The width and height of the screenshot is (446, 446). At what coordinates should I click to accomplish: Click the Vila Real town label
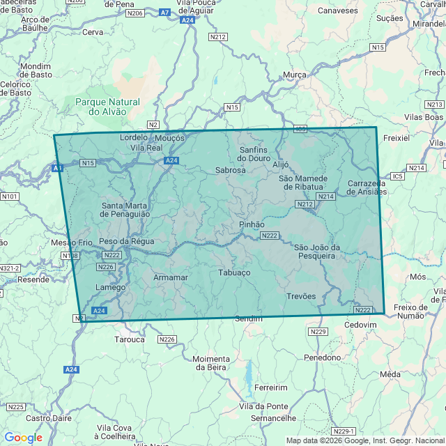pyautogui.click(x=146, y=148)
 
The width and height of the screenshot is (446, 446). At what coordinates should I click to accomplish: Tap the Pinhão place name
pyautogui.click(x=252, y=224)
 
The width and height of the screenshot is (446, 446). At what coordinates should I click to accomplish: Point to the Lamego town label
pyautogui.click(x=111, y=287)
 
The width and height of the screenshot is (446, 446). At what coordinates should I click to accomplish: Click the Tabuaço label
pyautogui.click(x=234, y=272)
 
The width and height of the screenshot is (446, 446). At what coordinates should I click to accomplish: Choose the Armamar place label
pyautogui.click(x=170, y=277)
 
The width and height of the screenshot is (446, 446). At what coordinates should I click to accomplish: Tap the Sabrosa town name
pyautogui.click(x=231, y=169)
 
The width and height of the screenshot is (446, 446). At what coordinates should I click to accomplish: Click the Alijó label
pyautogui.click(x=280, y=164)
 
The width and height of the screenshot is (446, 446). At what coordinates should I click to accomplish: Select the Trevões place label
pyautogui.click(x=301, y=296)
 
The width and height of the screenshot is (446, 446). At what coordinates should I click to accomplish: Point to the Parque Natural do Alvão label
pyautogui.click(x=107, y=107)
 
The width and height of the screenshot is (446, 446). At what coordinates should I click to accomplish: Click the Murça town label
pyautogui.click(x=295, y=75)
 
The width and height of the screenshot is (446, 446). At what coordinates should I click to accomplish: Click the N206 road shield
pyautogui.click(x=136, y=13)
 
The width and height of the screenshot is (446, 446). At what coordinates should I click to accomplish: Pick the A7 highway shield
pyautogui.click(x=164, y=13)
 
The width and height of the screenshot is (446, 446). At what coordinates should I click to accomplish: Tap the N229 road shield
pyautogui.click(x=318, y=332)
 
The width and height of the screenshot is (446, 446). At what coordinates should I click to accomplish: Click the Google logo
pyautogui.click(x=23, y=437)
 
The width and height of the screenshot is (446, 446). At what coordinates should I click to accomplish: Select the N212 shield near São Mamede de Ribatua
pyautogui.click(x=305, y=204)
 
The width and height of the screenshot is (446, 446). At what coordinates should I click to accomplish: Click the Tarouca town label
pyautogui.click(x=130, y=339)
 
